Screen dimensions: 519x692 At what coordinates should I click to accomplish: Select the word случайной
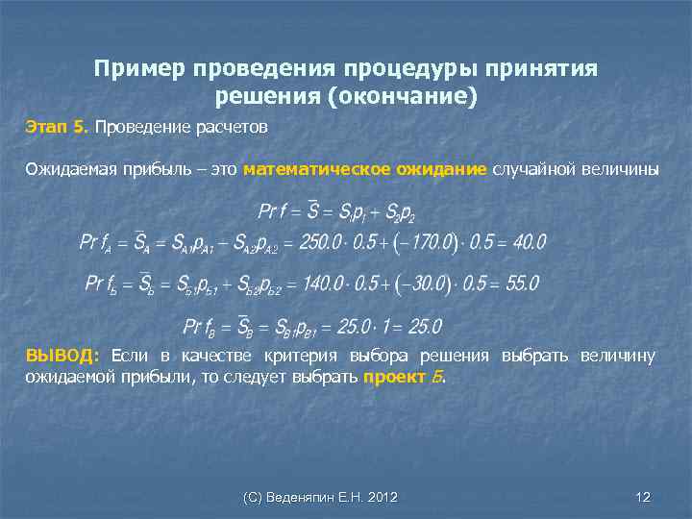pyautogui.click(x=531, y=170)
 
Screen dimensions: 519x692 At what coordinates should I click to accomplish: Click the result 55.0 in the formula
pyautogui.click(x=520, y=284)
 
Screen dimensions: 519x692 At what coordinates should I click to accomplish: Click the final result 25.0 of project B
pyautogui.click(x=421, y=327)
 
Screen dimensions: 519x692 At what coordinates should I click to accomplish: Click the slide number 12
pyautogui.click(x=643, y=496)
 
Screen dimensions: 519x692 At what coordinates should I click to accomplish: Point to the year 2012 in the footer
pyautogui.click(x=382, y=496)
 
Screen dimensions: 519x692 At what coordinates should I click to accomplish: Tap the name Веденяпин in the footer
pyautogui.click(x=301, y=496)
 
